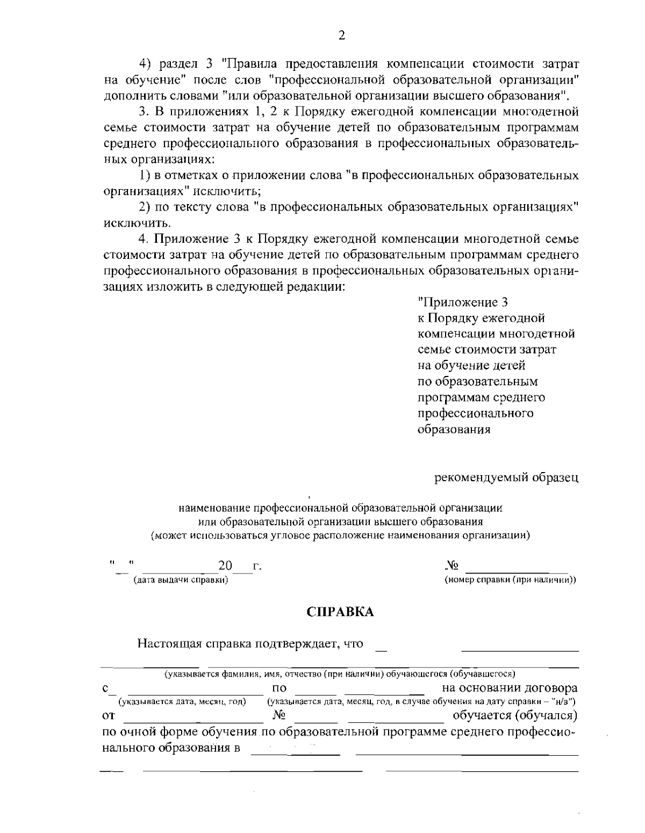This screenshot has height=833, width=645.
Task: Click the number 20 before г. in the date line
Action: [225, 566]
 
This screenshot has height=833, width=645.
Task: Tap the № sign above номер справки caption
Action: [452, 566]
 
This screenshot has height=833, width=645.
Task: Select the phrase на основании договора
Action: [510, 688]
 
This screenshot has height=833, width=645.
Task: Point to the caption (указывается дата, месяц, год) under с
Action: [182, 701]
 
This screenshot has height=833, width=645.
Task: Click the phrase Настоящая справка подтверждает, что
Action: [250, 643]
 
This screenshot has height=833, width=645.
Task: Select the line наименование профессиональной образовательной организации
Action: [340, 508]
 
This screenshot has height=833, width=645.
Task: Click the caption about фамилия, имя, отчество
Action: [340, 673]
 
